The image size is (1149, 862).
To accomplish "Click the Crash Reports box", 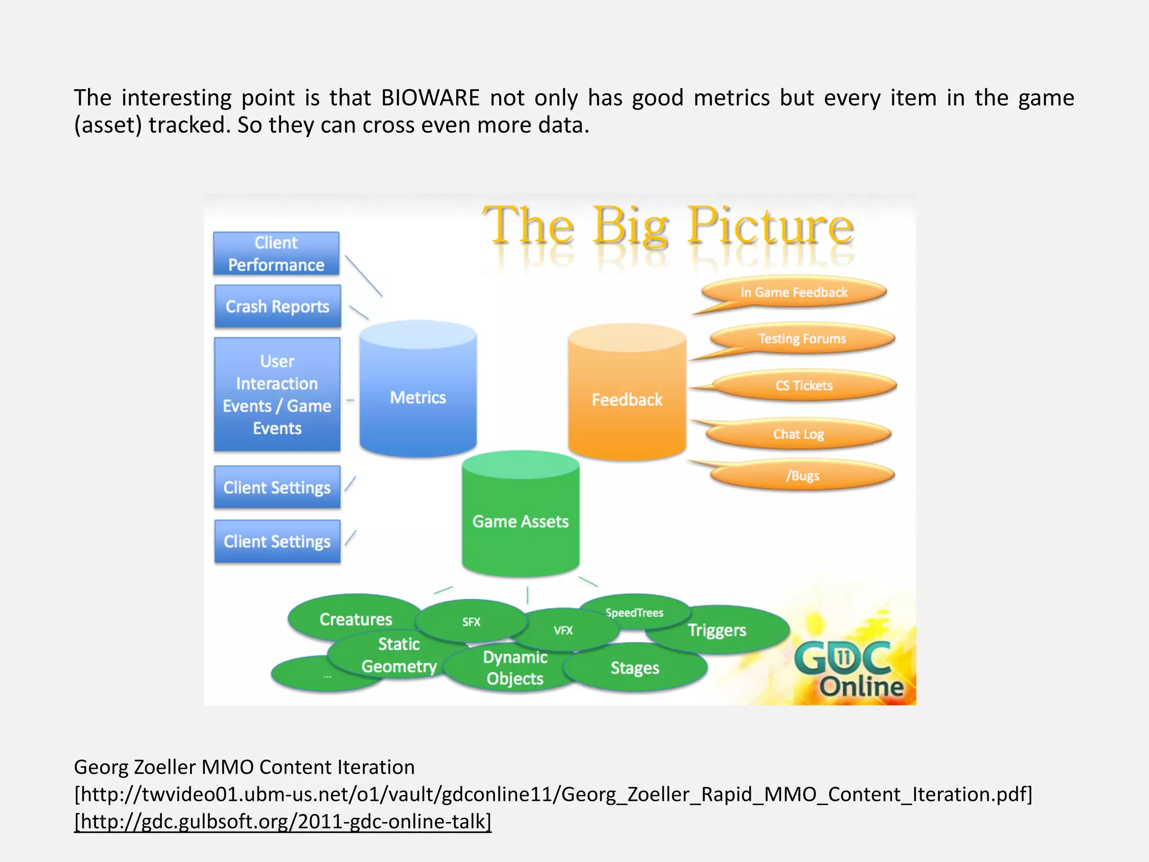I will click(x=277, y=306).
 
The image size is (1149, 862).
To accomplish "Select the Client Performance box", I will click(x=276, y=254).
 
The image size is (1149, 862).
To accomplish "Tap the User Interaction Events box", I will click(x=277, y=395).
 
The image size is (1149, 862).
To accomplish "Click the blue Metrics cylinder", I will click(x=418, y=397).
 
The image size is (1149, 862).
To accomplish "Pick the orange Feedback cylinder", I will click(x=627, y=400).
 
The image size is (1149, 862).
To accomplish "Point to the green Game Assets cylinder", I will click(x=520, y=521).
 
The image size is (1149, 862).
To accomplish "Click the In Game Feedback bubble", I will click(x=794, y=292).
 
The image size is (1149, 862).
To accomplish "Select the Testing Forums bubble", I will click(x=802, y=338).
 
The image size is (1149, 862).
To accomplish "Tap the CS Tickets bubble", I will click(x=804, y=386).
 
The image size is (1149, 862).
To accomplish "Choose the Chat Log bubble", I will click(x=798, y=434).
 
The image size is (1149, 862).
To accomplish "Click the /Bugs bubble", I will click(x=802, y=476).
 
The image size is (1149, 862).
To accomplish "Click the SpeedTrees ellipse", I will click(x=635, y=612).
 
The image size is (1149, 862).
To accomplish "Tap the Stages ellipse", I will click(x=635, y=668).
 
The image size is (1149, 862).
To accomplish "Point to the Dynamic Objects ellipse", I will click(x=514, y=668).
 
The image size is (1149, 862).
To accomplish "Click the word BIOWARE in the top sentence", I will click(x=430, y=98).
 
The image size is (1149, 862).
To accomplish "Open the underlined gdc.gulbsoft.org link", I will click(x=283, y=821).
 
